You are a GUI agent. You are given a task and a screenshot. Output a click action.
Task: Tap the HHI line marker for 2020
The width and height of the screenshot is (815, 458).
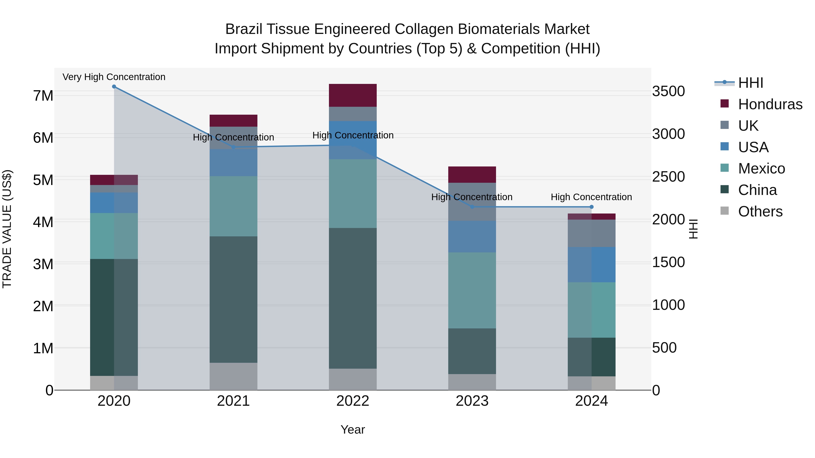[x=114, y=87]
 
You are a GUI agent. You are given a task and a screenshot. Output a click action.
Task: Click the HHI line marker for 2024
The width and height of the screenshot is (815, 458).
[x=591, y=207]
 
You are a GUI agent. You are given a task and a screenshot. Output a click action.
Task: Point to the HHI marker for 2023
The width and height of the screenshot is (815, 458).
[x=472, y=207]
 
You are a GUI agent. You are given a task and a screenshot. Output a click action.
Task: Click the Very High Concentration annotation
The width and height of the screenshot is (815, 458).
[x=114, y=77]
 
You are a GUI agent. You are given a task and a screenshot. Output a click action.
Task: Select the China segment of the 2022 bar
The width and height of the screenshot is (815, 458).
[x=353, y=298]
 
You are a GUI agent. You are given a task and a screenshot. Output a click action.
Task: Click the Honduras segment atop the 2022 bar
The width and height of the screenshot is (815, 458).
[x=353, y=95]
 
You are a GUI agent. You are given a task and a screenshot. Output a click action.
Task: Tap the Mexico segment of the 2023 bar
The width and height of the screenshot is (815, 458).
[x=472, y=290]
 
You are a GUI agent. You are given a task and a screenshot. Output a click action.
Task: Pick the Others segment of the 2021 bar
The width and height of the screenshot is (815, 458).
[x=233, y=376]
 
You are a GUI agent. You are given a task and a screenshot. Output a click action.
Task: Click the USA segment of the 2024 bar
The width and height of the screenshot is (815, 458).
[x=591, y=265]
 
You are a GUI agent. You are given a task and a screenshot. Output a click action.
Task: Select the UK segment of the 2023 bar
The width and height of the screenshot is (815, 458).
[x=472, y=202]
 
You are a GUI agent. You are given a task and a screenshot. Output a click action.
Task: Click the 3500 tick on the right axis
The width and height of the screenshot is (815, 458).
[x=668, y=91]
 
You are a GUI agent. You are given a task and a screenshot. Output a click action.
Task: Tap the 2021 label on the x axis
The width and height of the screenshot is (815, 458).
[x=233, y=401]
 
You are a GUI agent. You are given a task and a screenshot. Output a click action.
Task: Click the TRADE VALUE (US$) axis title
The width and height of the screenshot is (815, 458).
[x=7, y=229]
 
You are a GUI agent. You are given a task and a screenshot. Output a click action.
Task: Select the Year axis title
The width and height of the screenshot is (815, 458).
[x=352, y=430]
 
